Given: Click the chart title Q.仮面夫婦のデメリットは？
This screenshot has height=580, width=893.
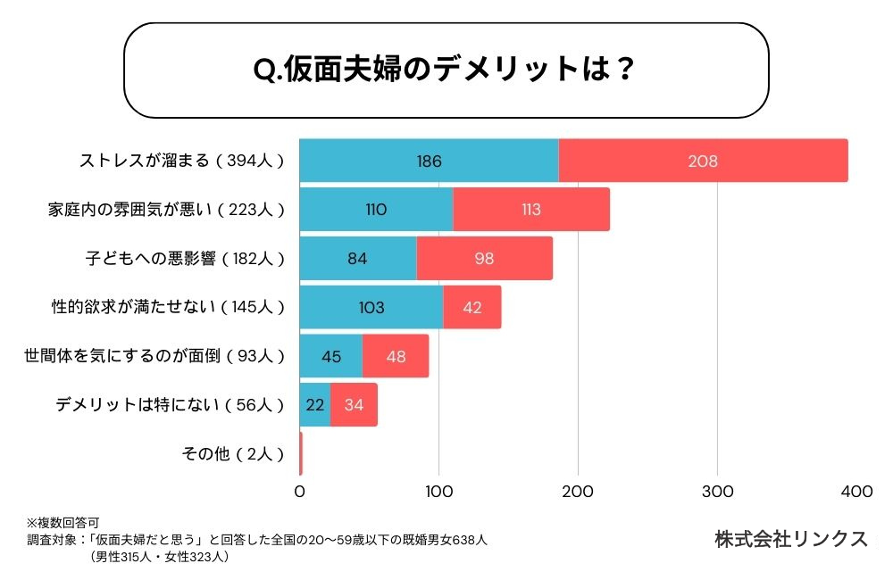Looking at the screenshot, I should (x=445, y=70).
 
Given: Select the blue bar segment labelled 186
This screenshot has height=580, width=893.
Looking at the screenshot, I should (x=429, y=162).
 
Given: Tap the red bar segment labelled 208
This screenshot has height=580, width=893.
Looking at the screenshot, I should (x=703, y=162).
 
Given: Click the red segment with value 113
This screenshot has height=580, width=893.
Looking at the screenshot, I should (x=531, y=210).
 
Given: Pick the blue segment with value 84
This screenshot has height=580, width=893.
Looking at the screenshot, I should (x=357, y=259).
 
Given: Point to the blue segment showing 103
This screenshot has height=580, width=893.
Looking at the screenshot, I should (x=371, y=307).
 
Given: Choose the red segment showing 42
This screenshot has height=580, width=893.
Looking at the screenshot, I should (x=472, y=307).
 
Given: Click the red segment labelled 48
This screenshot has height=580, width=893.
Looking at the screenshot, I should (x=396, y=356).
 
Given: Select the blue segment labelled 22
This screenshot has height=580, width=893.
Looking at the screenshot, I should (x=314, y=405).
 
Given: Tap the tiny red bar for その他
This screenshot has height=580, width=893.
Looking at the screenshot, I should (x=301, y=453).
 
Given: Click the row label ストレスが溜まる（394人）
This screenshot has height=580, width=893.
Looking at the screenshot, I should (x=181, y=162).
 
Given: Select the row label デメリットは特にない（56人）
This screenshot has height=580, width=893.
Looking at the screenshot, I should (x=170, y=405).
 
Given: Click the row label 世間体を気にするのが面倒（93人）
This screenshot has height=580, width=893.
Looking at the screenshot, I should (x=154, y=356).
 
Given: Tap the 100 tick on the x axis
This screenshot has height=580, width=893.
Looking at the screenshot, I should (x=438, y=491).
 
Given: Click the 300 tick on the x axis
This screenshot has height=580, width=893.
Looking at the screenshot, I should (x=718, y=491).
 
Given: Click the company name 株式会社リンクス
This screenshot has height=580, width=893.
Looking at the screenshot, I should (x=790, y=539).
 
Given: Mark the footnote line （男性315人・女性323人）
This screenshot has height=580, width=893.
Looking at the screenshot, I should (x=159, y=557).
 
